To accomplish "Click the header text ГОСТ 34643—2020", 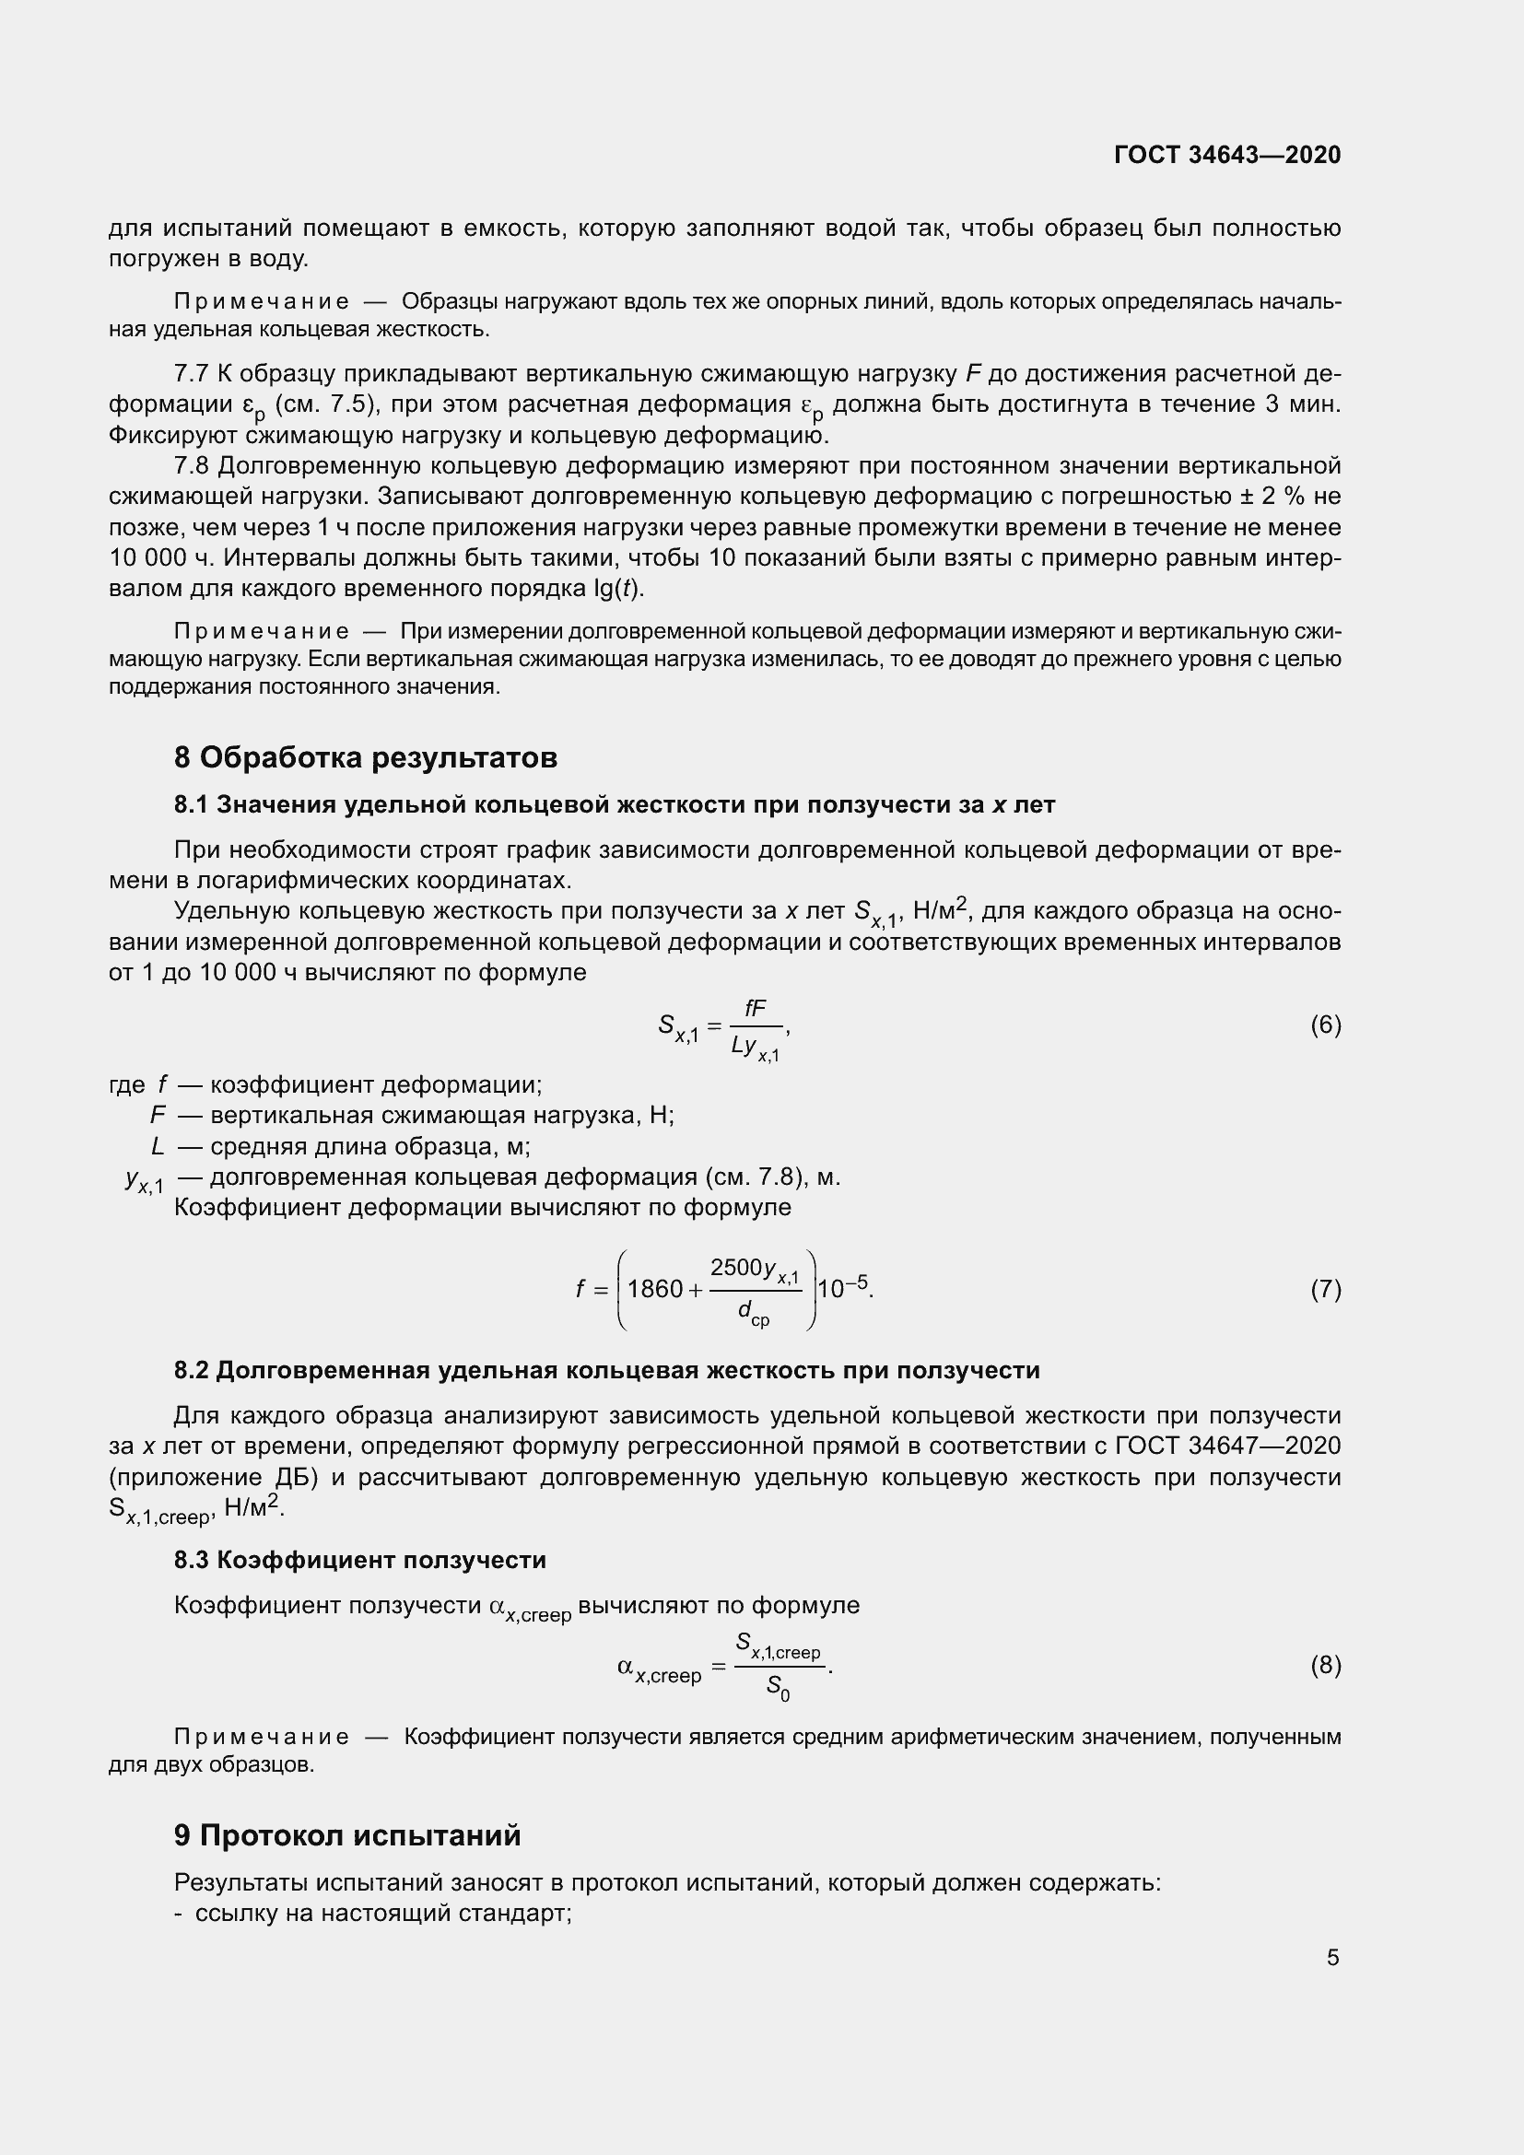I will pos(1226,155).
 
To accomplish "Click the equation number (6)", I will pos(1325,1025).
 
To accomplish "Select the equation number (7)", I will pos(1325,1290).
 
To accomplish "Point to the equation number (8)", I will pos(1325,1665).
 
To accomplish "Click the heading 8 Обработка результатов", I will pos(365,757).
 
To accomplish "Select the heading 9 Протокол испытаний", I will pos(346,1835).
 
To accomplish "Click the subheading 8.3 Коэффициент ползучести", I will pos(359,1560).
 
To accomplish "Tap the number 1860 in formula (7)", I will pos(654,1290).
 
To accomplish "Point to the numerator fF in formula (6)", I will pos(755,1008).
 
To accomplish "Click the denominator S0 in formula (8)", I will pos(778,1687).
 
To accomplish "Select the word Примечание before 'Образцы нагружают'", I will pos(262,302).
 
